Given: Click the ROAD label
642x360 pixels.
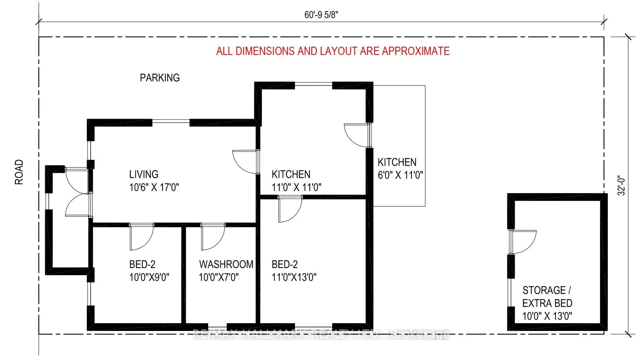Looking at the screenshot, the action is pyautogui.click(x=19, y=172).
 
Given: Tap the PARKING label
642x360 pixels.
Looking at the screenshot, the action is pyautogui.click(x=160, y=78).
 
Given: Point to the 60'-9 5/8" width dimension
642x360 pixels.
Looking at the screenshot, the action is pyautogui.click(x=321, y=15).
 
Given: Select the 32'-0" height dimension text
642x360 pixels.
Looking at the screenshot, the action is pyautogui.click(x=621, y=185).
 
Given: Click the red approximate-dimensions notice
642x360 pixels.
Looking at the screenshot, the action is pyautogui.click(x=333, y=51).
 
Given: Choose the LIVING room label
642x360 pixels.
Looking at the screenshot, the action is pyautogui.click(x=144, y=174).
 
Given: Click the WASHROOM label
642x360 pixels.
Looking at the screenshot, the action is pyautogui.click(x=226, y=264).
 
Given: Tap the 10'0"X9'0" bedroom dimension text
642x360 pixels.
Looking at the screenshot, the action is pyautogui.click(x=149, y=278).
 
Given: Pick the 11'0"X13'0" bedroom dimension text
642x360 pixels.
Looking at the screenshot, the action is pyautogui.click(x=294, y=278).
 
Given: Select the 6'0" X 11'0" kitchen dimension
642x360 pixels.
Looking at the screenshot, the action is pyautogui.click(x=401, y=175).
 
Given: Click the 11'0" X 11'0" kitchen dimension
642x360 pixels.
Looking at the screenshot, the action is pyautogui.click(x=296, y=187).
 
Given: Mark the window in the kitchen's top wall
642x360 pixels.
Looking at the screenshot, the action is pyautogui.click(x=314, y=84).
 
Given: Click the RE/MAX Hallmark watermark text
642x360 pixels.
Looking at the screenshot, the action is pyautogui.click(x=321, y=334).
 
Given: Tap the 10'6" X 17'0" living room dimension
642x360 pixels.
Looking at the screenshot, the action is pyautogui.click(x=154, y=187).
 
